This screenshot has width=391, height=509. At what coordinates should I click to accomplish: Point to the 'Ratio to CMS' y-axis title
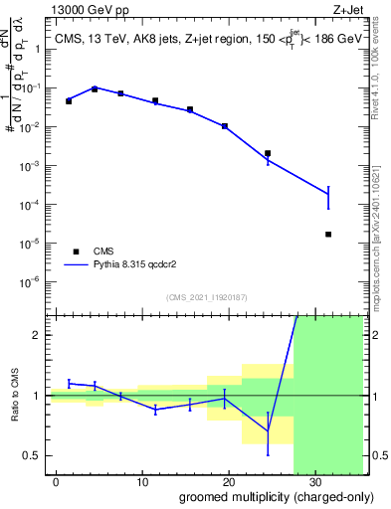[15, 396]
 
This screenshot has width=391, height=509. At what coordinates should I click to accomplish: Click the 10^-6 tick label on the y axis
[36, 281]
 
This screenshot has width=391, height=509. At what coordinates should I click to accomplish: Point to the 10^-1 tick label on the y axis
[36, 87]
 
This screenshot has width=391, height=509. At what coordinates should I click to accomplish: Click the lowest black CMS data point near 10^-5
[328, 235]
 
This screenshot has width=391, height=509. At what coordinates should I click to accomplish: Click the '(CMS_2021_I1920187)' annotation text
[206, 296]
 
